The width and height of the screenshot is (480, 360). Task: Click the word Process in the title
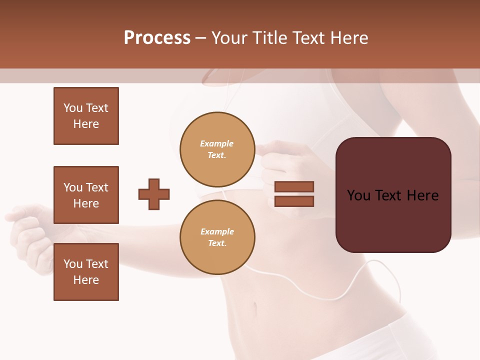tap(157, 38)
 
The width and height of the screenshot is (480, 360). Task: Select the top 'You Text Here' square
tap(86, 116)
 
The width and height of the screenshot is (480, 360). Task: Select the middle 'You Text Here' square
tap(86, 195)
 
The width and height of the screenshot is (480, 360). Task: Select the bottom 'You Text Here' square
tap(86, 272)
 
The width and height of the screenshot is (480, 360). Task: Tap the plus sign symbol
tap(154, 194)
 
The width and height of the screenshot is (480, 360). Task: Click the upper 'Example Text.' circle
tap(217, 149)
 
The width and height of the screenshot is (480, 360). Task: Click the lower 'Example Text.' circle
tap(217, 237)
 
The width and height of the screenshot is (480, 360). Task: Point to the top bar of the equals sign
tap(294, 187)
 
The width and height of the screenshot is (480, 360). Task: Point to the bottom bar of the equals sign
tap(294, 201)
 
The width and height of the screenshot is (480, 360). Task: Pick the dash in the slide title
tap(200, 38)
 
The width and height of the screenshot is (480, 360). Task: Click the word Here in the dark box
tap(423, 195)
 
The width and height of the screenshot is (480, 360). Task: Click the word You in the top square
tap(73, 108)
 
